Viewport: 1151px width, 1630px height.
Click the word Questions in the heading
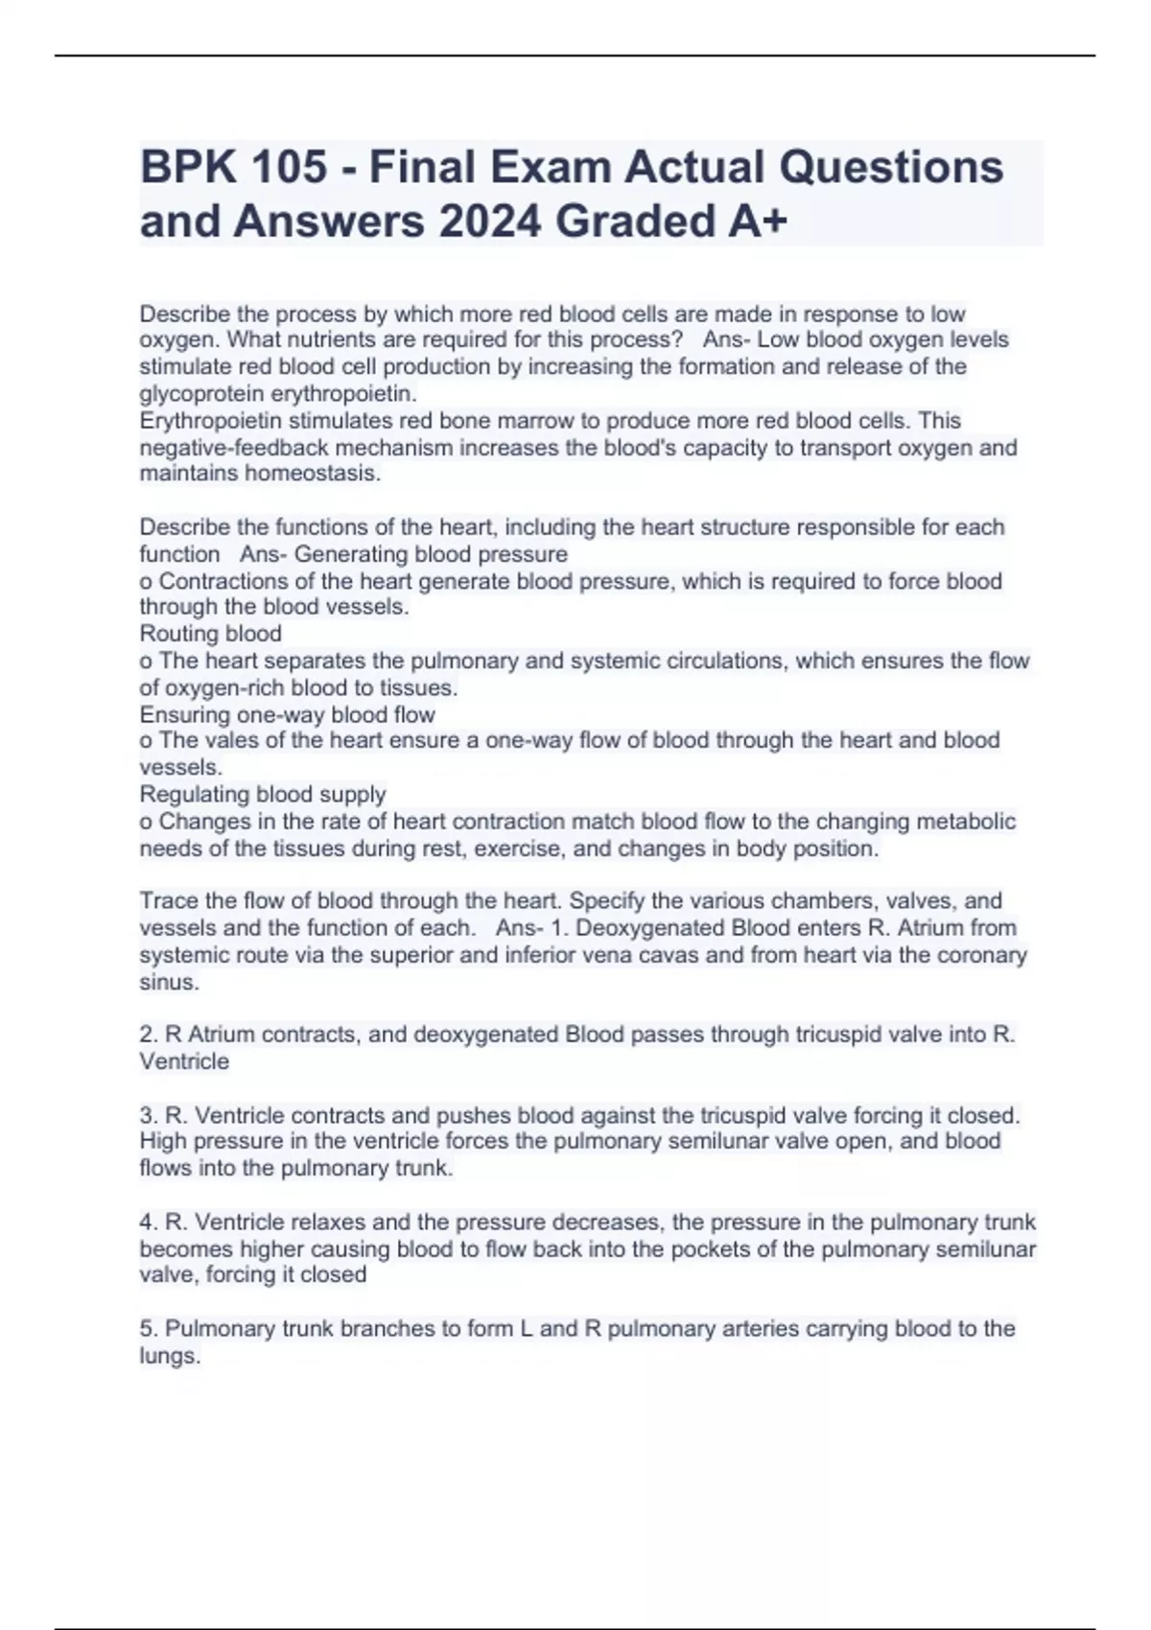pos(891,167)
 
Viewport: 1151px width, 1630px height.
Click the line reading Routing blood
pos(211,634)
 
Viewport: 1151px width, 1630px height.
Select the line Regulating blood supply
pos(263,795)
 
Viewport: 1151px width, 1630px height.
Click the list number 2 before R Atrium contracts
pos(148,1035)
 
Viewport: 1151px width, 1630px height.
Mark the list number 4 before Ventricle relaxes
pos(148,1222)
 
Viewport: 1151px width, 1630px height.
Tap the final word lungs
pos(169,1356)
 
